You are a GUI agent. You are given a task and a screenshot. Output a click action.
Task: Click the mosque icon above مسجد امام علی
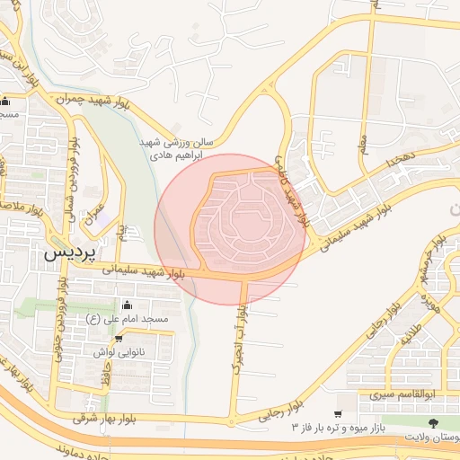pos(124,304)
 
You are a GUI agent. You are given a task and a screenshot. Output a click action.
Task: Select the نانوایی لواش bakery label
pos(123,353)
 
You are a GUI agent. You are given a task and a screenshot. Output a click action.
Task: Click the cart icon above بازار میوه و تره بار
pos(337,413)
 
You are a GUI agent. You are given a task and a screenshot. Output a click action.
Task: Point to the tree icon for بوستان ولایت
pos(435,420)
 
